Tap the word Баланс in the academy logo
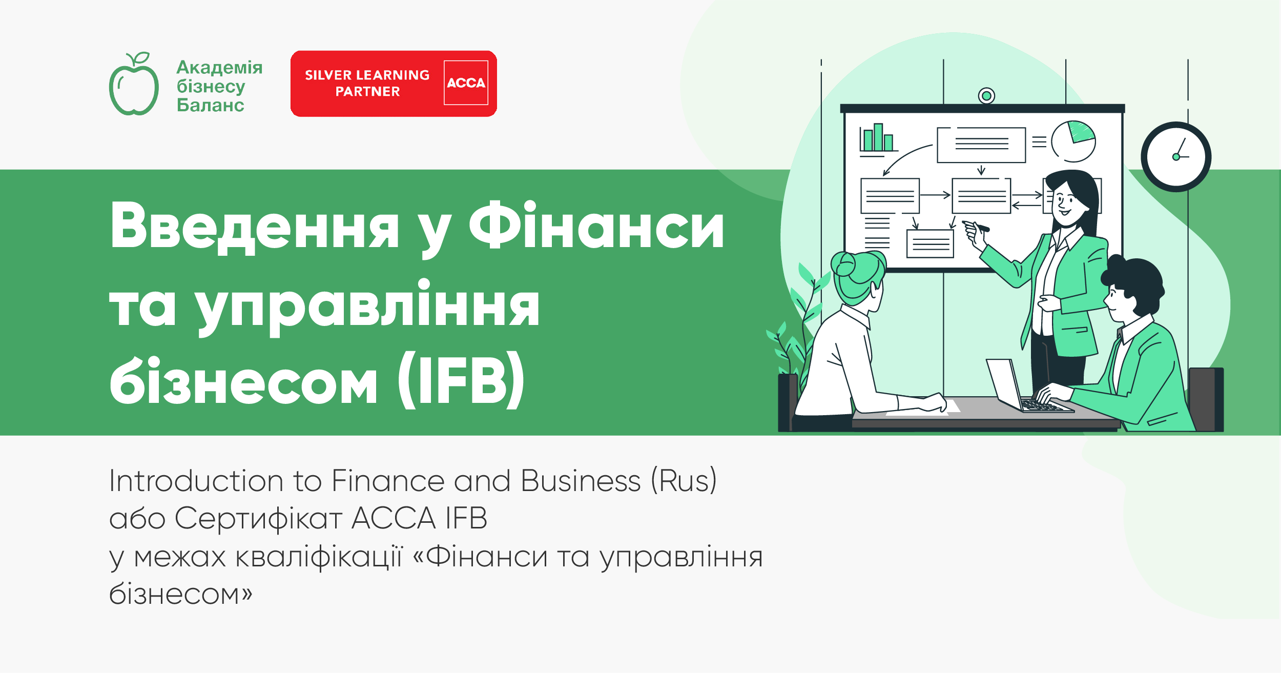click(x=210, y=106)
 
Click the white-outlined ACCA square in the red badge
click(x=466, y=83)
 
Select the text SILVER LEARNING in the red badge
click(x=367, y=75)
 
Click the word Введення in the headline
click(x=254, y=226)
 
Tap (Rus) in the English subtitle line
click(x=684, y=481)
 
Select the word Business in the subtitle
click(x=581, y=481)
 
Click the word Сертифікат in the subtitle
click(x=258, y=518)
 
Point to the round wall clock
click(x=1176, y=157)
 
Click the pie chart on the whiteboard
click(x=1073, y=141)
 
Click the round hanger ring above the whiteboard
click(x=986, y=96)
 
